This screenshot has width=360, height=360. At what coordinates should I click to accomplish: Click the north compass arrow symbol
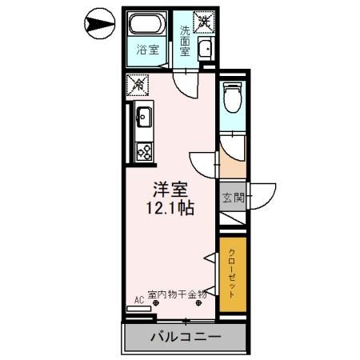[x=99, y=23]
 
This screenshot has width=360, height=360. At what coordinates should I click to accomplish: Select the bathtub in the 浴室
[x=146, y=23]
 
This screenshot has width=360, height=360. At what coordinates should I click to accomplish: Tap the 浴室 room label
[x=148, y=50]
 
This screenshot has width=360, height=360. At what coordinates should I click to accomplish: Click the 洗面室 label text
[x=185, y=41]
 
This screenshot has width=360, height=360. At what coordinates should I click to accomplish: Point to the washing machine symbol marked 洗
[x=204, y=22]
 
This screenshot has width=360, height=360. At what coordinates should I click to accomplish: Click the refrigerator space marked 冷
[x=138, y=85]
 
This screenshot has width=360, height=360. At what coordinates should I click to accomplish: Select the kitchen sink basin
[x=144, y=117]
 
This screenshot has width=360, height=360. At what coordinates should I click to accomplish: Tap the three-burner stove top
[x=144, y=151]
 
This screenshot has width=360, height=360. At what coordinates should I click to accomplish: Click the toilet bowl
[x=233, y=98]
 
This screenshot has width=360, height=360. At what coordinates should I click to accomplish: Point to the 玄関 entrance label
[x=234, y=198]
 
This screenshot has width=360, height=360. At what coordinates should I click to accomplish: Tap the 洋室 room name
[x=170, y=190]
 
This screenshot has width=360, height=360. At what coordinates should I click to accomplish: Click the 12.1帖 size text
[x=170, y=208]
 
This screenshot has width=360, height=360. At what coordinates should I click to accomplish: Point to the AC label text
[x=139, y=300]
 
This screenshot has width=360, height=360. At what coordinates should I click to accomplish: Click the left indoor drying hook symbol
[x=156, y=302]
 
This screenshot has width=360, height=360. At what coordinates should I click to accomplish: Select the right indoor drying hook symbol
[x=198, y=302]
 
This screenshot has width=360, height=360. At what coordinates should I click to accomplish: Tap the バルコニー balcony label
[x=186, y=337]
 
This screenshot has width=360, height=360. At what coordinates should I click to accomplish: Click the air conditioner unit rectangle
[x=138, y=309]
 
